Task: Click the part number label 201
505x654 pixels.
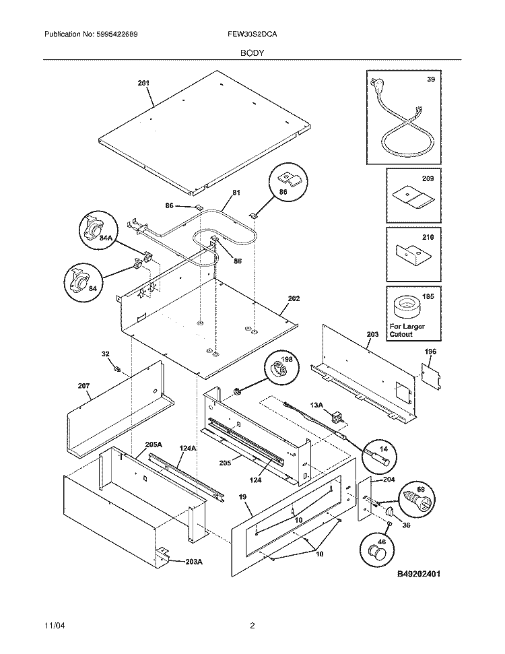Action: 143,84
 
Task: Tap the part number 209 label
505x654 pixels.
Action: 428,179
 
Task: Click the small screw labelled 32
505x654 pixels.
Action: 118,368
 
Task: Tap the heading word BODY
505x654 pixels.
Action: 252,51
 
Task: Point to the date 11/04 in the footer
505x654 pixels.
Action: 53,625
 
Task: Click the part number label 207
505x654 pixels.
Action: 83,386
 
